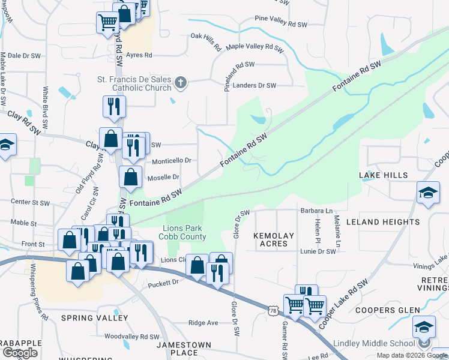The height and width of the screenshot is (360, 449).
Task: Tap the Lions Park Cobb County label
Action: [x=184, y=232]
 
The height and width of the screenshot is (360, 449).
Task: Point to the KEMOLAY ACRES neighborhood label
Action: [x=274, y=240]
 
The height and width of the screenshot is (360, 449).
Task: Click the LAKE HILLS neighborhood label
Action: [x=384, y=175]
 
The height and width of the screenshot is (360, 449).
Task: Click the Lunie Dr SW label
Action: [x=318, y=251]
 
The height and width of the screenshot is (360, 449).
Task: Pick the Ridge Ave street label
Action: [x=203, y=323]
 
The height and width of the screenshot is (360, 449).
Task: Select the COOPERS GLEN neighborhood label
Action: [x=382, y=310]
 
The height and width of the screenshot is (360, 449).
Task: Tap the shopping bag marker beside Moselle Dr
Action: [x=130, y=177]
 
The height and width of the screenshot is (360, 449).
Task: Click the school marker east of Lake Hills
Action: [x=427, y=193]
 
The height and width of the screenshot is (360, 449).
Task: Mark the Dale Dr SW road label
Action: [x=23, y=56]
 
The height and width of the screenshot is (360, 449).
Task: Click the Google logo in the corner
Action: [x=20, y=353]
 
